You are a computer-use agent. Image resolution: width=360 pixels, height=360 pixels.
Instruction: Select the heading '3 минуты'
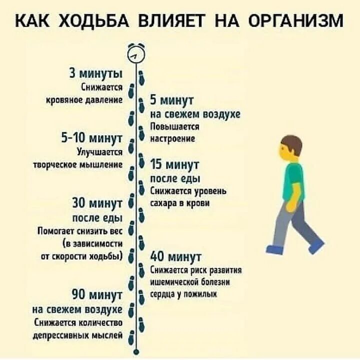pos(95,75)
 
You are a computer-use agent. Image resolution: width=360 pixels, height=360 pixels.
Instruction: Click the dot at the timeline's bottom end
pos(135,351)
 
